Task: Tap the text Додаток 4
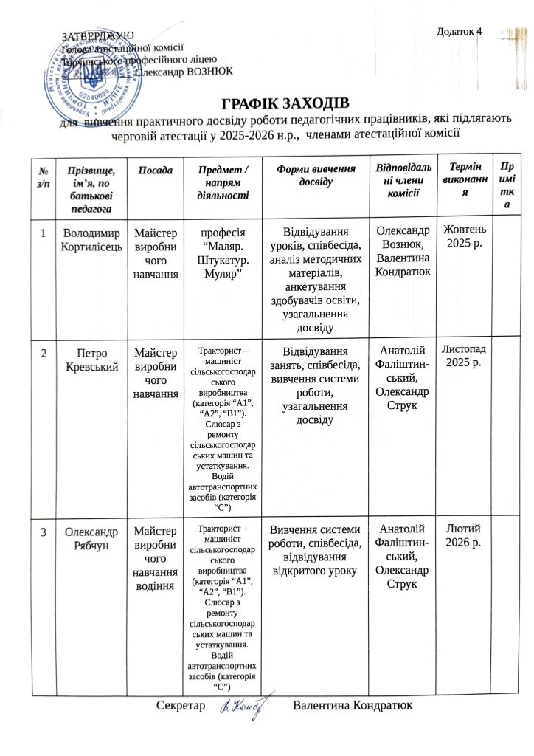pyautogui.click(x=460, y=32)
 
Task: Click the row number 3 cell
pyautogui.click(x=43, y=531)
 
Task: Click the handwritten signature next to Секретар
pyautogui.click(x=243, y=707)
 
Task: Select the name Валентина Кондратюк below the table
pyautogui.click(x=351, y=707)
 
